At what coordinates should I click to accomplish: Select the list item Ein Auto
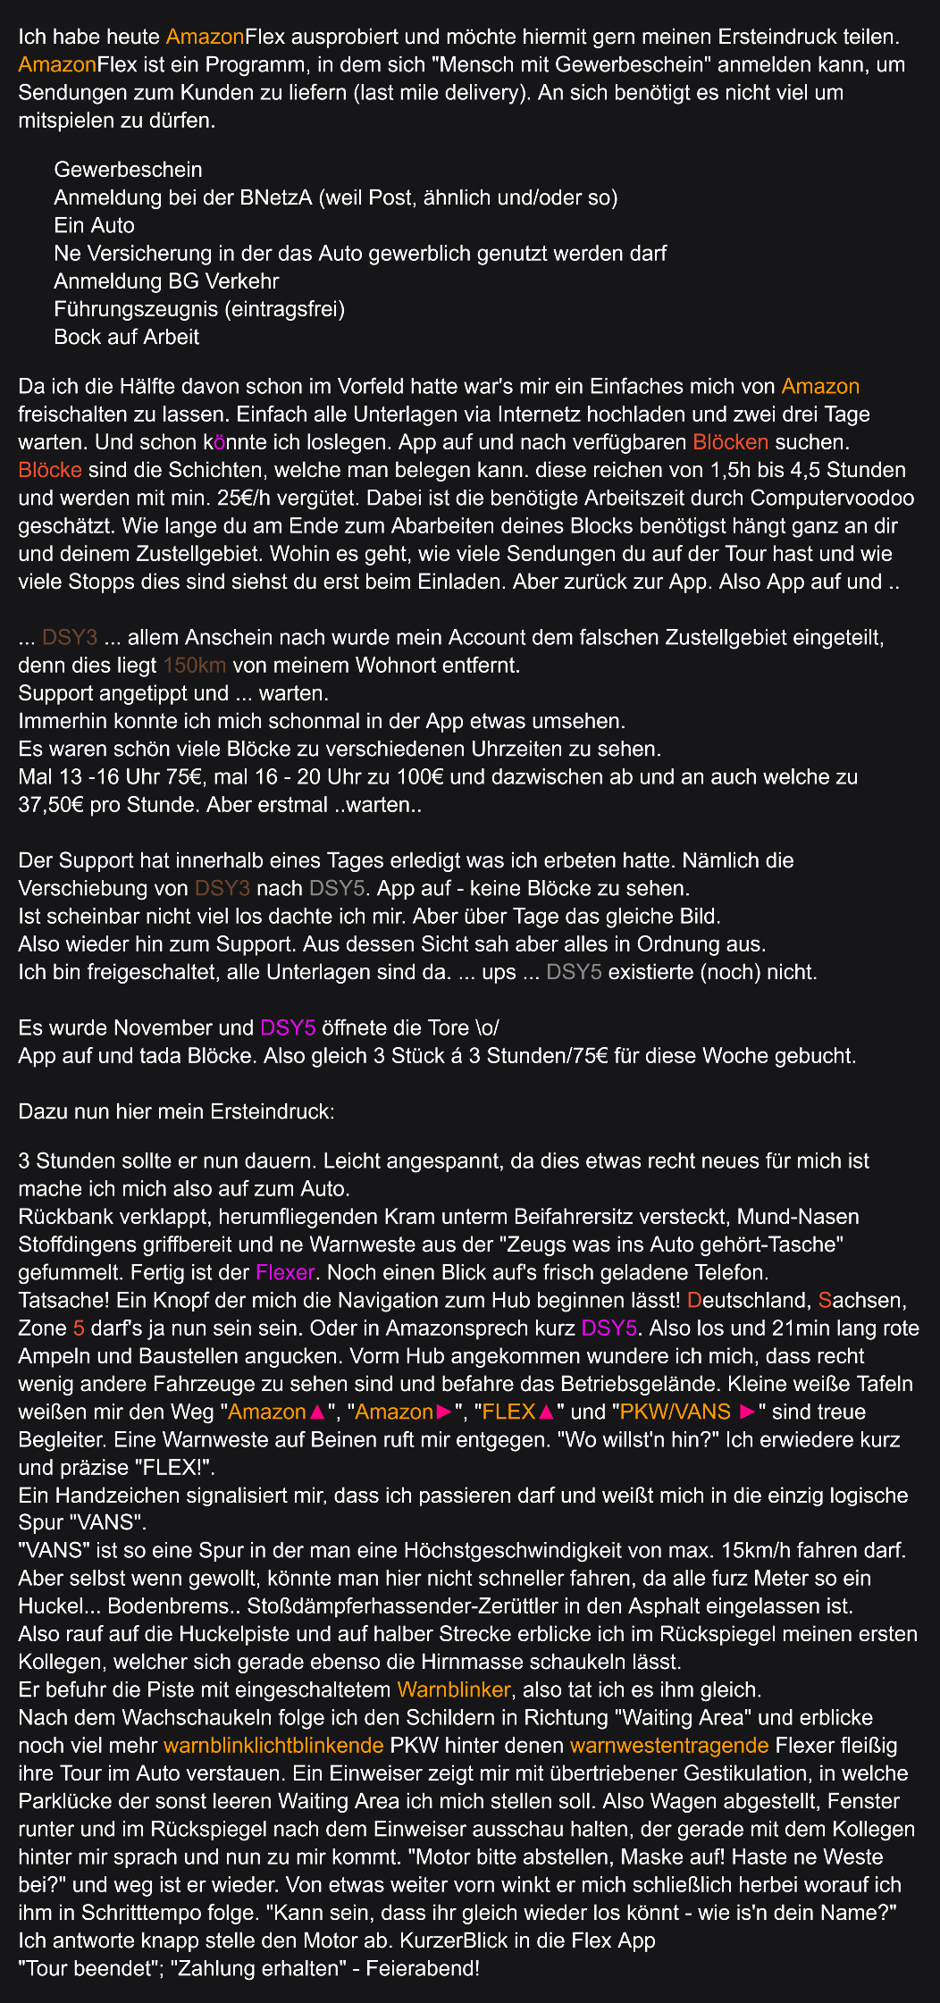click(x=94, y=225)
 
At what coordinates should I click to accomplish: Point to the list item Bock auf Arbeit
click(x=126, y=337)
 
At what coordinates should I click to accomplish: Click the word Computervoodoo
click(x=833, y=498)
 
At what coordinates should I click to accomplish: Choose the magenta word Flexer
click(x=285, y=1272)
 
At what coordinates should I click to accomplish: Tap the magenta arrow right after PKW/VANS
click(x=749, y=1412)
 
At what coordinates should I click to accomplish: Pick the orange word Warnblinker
click(x=453, y=1689)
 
